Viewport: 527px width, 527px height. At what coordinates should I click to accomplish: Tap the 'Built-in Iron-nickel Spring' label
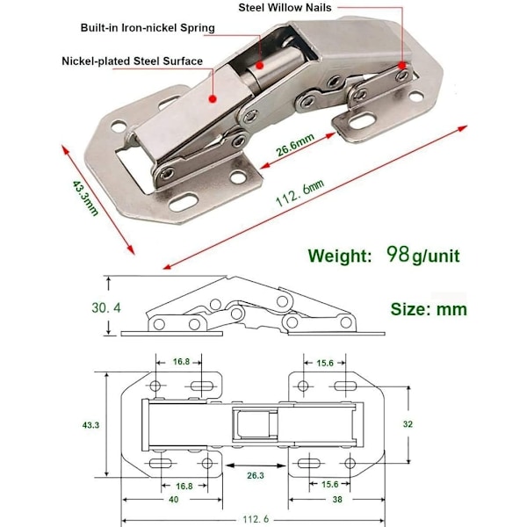point(147,28)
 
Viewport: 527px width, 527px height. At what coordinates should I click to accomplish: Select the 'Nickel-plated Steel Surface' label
point(132,61)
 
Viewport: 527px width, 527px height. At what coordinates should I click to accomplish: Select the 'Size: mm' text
point(429,309)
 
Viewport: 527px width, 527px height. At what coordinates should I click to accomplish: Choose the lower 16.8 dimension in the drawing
point(183,485)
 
